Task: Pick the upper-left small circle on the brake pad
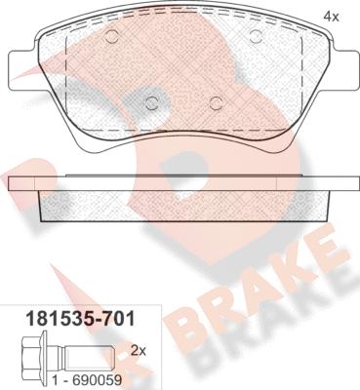pos(111,38)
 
